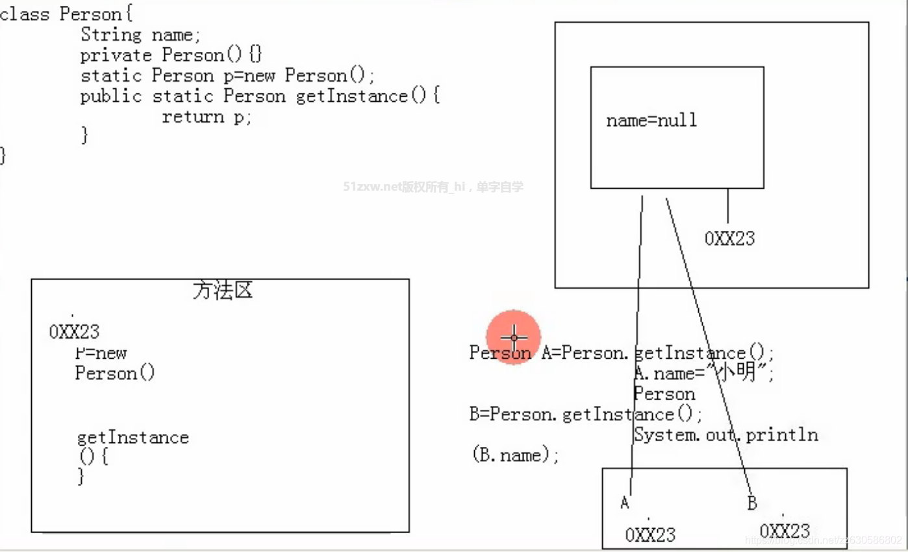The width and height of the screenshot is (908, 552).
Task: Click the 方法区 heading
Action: click(222, 291)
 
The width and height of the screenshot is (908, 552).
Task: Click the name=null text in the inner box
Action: click(651, 120)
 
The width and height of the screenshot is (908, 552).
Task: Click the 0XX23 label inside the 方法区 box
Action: click(74, 332)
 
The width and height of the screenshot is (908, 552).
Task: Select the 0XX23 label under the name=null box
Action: click(729, 239)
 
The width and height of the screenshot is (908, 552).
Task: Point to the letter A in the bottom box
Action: click(625, 502)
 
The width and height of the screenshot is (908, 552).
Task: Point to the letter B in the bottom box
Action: click(752, 503)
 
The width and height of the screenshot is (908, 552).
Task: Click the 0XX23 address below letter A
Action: click(650, 535)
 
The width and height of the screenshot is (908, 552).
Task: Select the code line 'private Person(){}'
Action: click(171, 54)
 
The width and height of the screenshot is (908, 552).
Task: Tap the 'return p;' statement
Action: click(206, 117)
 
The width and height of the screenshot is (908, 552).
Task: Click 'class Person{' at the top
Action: click(66, 14)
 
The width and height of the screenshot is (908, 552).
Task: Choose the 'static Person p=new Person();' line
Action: click(227, 75)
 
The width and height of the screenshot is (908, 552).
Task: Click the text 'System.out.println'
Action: click(725, 435)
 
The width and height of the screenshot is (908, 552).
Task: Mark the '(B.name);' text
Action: click(514, 455)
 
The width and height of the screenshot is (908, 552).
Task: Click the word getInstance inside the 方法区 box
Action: click(132, 437)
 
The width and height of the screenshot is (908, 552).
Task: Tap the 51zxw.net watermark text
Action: click(433, 187)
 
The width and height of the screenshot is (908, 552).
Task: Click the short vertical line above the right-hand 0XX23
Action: click(727, 206)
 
